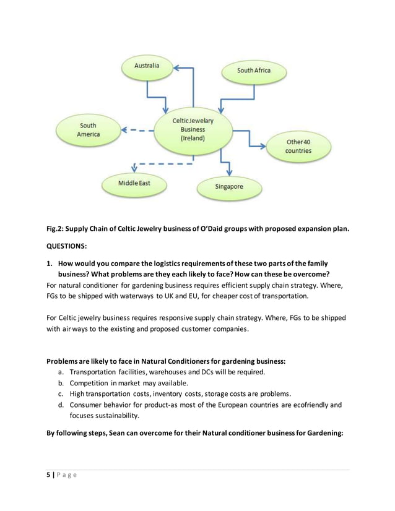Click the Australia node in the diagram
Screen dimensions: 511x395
point(147,66)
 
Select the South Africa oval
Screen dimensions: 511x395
point(253,71)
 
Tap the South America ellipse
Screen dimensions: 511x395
point(89,130)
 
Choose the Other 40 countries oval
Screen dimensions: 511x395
point(298,147)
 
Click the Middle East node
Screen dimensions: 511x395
point(134,183)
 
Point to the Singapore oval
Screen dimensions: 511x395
point(229,186)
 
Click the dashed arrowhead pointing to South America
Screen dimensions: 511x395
point(124,131)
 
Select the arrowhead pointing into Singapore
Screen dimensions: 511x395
point(229,171)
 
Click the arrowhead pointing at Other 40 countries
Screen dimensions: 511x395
point(264,146)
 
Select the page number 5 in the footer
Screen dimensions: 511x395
point(49,474)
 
